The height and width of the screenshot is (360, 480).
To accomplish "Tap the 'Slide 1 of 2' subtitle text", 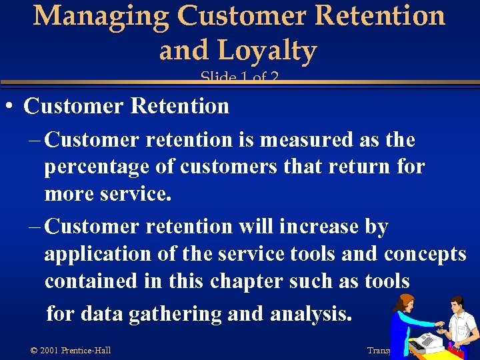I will (x=239, y=78).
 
